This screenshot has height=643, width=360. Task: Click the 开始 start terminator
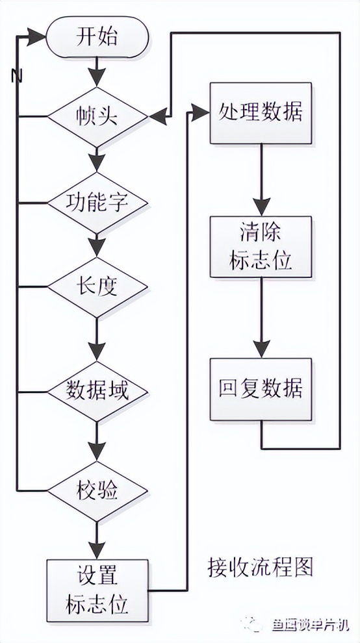pyautogui.click(x=97, y=36)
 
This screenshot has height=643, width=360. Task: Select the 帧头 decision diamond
pyautogui.click(x=97, y=117)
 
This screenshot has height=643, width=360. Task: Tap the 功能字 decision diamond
pyautogui.click(x=97, y=203)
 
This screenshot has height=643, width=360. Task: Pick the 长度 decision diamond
pyautogui.click(x=97, y=286)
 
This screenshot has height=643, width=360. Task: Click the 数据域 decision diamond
pyautogui.click(x=97, y=392)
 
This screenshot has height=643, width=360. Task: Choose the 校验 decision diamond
pyautogui.click(x=97, y=491)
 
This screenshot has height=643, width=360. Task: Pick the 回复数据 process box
pyautogui.click(x=260, y=389)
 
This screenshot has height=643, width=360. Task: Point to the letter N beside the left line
pyautogui.click(x=17, y=76)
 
